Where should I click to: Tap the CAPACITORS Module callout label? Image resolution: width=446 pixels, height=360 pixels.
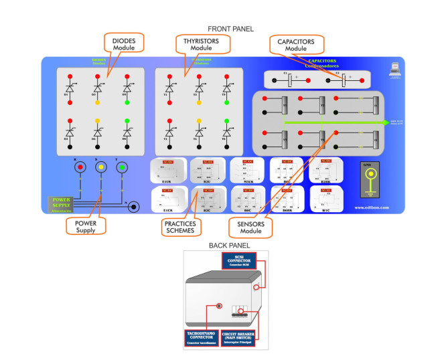pos(296,45)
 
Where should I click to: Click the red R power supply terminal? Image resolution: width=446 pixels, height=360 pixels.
pos(80,167)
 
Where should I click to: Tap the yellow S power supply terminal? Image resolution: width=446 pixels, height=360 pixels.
pos(100,167)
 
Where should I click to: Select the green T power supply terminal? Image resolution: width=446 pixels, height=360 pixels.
pos(121,167)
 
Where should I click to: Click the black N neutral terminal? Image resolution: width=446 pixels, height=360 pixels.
pos(133,207)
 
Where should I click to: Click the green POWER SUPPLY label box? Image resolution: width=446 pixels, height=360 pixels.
pos(62,203)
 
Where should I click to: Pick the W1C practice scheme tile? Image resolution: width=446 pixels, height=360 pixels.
pos(325,198)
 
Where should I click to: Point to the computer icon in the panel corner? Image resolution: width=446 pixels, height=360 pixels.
pos(394,68)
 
